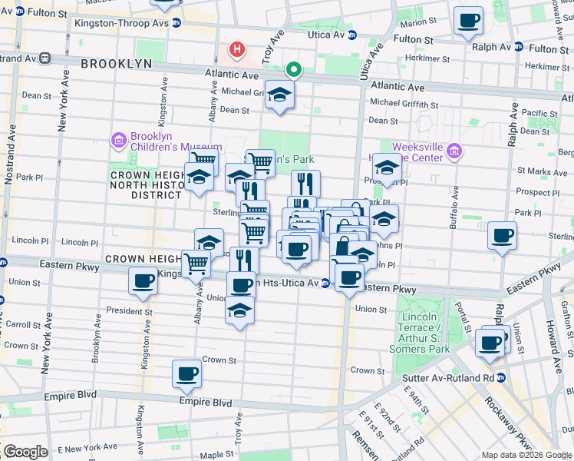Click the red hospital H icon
coord(238,51)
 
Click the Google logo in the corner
coord(25,451)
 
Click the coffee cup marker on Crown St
coord(186,374)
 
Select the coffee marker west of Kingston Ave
coord(143,282)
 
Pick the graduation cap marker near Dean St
coord(280,95)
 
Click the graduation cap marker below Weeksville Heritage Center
coord(387,168)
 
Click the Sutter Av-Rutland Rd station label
coord(448,378)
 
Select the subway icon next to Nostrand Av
coord(45,58)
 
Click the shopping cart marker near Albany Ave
coord(196,264)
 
